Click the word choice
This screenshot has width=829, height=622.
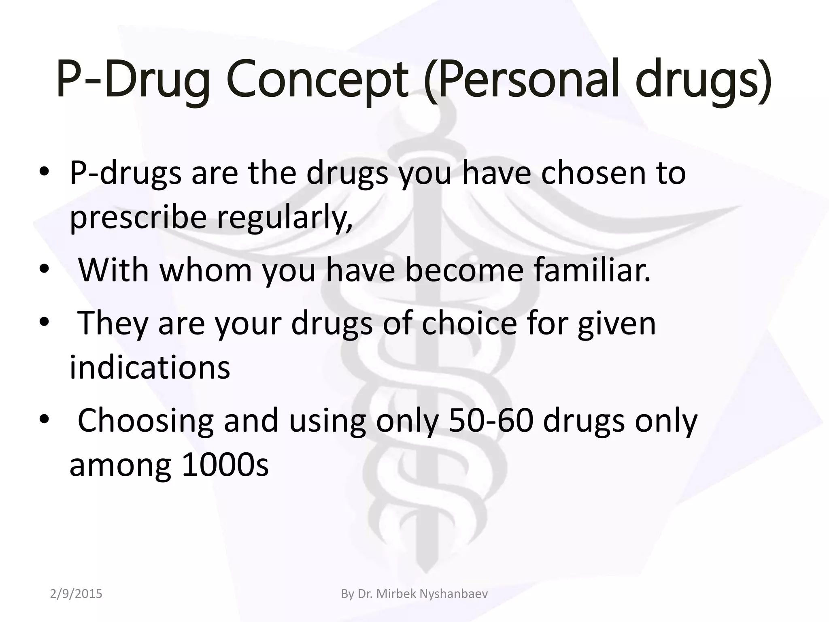point(470,324)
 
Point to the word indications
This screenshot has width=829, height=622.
point(150,368)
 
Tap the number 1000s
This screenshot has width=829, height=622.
point(225,466)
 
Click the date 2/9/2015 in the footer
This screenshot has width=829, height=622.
point(76,594)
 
